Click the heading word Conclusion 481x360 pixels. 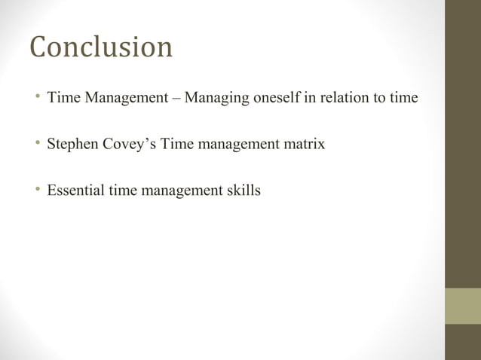tap(101, 47)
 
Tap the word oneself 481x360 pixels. tap(273, 97)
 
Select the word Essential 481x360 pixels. tap(75, 191)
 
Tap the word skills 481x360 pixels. tap(244, 191)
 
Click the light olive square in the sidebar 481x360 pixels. tap(462, 306)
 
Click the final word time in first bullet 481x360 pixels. tap(403, 97)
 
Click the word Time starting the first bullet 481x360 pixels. tap(63, 97)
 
